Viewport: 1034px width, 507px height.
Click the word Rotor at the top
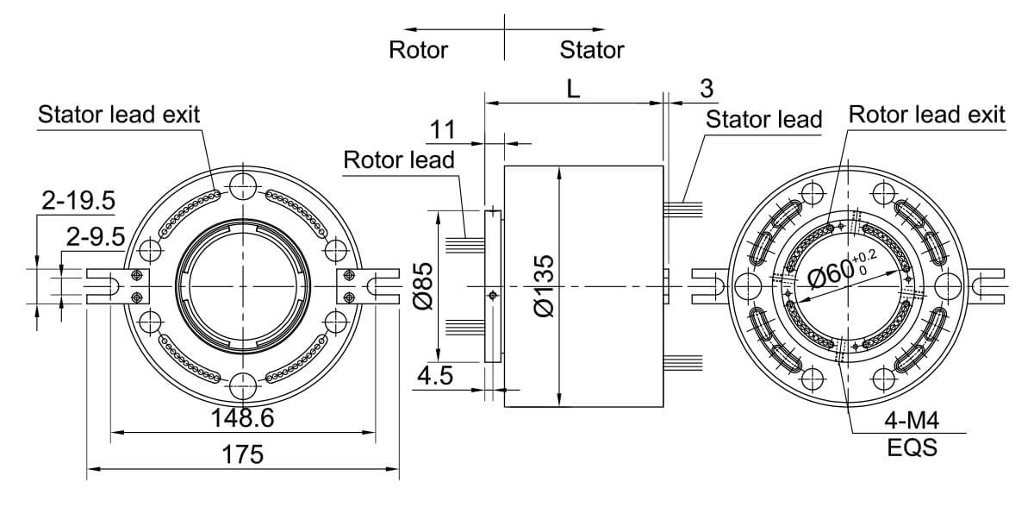[x=418, y=49]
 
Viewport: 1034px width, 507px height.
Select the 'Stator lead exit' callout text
[x=119, y=114]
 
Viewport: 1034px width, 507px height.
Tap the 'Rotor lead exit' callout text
[x=926, y=114]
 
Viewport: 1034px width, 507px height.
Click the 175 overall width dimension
[x=243, y=455]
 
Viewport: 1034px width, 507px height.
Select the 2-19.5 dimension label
[x=78, y=200]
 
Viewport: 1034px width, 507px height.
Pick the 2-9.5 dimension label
[x=95, y=235]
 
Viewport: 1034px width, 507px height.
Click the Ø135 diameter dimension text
[x=544, y=285]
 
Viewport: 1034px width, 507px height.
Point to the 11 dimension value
[x=443, y=129]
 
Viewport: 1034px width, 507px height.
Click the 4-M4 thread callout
[x=911, y=422]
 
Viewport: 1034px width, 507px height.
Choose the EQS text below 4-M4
[x=911, y=448]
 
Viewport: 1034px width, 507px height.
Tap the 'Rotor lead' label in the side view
[x=398, y=160]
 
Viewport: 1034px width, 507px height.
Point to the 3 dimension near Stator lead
[x=707, y=88]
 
